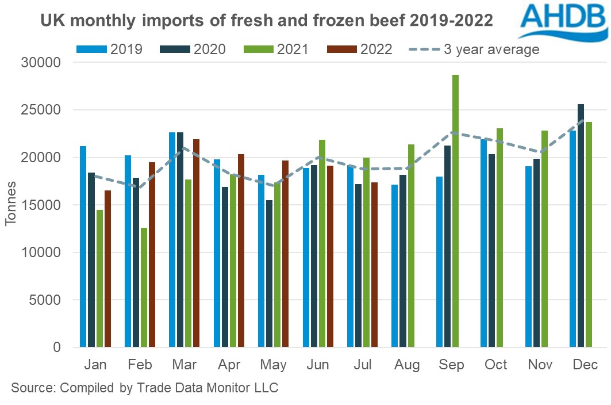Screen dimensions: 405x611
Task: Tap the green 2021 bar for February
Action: [143, 288]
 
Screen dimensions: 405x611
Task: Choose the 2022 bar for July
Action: [374, 265]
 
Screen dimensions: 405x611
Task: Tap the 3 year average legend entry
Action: [474, 49]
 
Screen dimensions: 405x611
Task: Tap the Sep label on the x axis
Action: [451, 365]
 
